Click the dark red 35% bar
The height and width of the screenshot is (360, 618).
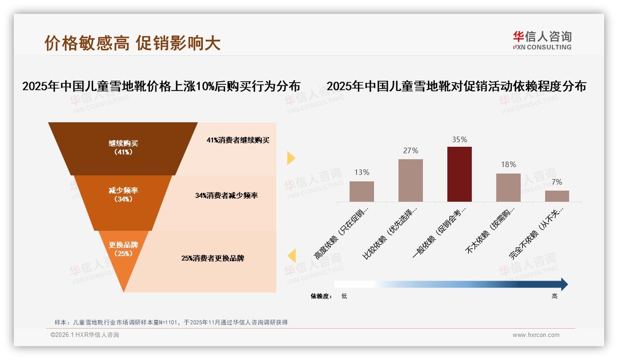point(459,174)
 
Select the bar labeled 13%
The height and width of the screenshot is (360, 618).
point(362,192)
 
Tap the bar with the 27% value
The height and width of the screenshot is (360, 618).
point(410,180)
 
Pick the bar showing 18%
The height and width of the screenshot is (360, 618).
point(508,187)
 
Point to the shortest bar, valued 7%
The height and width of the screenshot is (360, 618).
point(557,196)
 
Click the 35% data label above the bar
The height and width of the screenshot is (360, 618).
point(459,139)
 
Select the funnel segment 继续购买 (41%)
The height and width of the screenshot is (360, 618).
point(123,148)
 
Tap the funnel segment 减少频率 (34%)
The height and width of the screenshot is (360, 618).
point(123,195)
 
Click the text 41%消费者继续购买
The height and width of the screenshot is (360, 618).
point(238,140)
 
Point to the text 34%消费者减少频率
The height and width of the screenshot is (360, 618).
point(226,196)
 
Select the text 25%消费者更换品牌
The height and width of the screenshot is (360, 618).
point(213,258)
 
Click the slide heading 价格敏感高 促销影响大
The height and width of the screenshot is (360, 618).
point(132,43)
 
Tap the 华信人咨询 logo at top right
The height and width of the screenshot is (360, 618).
point(542,40)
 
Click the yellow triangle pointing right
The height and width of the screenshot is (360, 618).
point(291,158)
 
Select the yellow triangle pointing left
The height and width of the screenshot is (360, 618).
point(291,256)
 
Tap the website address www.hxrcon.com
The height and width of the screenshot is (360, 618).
point(536,335)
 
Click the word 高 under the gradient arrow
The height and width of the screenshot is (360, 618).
point(554,296)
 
